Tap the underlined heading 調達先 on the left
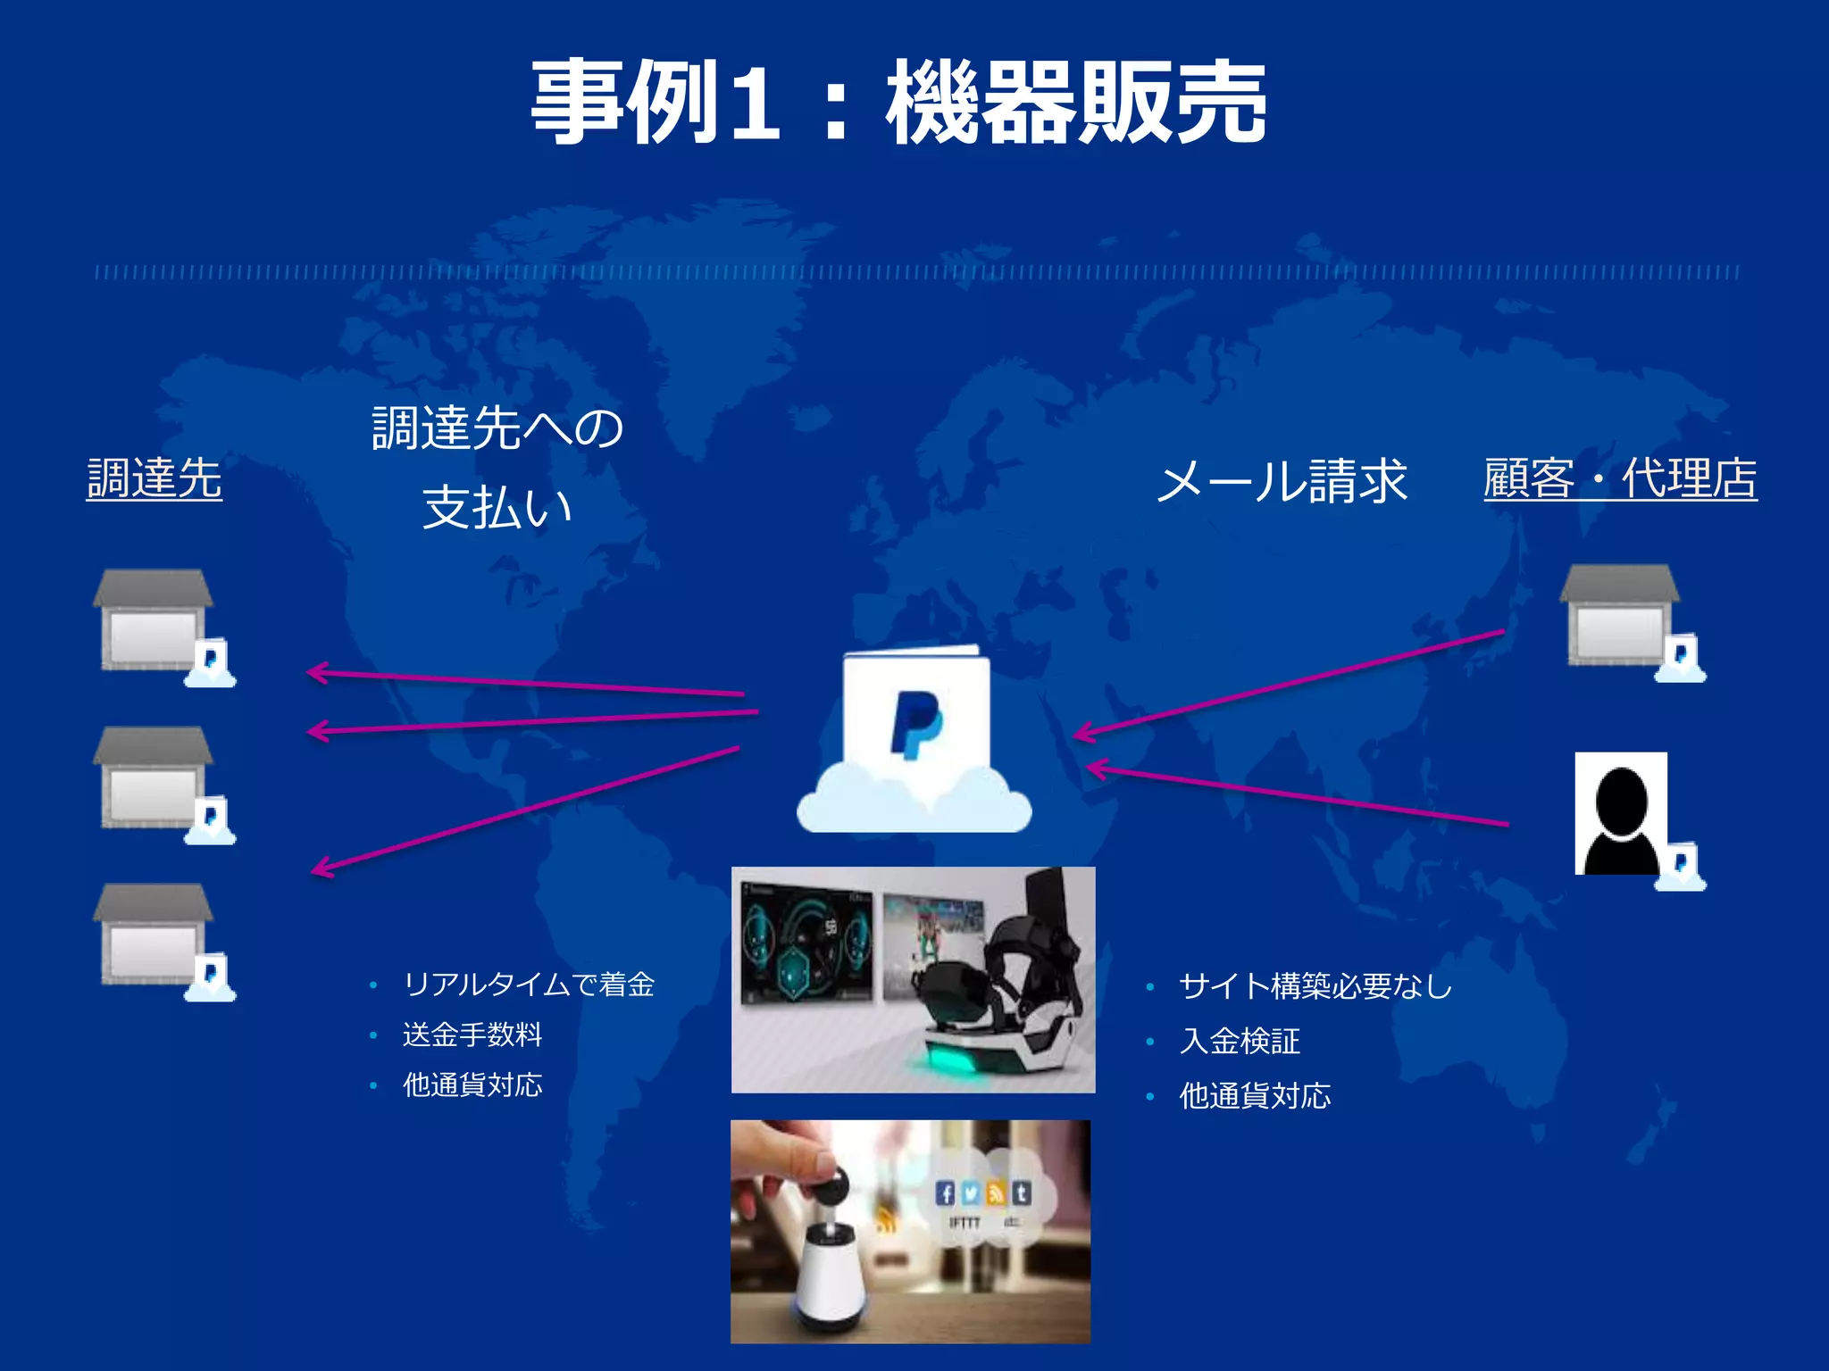pyautogui.click(x=154, y=478)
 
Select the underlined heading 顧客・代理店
pyautogui.click(x=1619, y=478)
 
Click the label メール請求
pyautogui.click(x=1282, y=481)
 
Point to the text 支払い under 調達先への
pyautogui.click(x=497, y=508)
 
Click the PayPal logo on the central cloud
pyautogui.click(x=916, y=723)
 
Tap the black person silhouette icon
pyautogui.click(x=1620, y=814)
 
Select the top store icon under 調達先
pyautogui.click(x=154, y=621)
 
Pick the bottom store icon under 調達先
pyautogui.click(x=154, y=935)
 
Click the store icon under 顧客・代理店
pyautogui.click(x=1618, y=616)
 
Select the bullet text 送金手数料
pyautogui.click(x=472, y=1034)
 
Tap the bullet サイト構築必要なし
pyautogui.click(x=1315, y=986)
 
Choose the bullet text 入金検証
pyautogui.click(x=1240, y=1041)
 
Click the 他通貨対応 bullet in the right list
pyautogui.click(x=1255, y=1095)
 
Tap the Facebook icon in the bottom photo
pyautogui.click(x=945, y=1193)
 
